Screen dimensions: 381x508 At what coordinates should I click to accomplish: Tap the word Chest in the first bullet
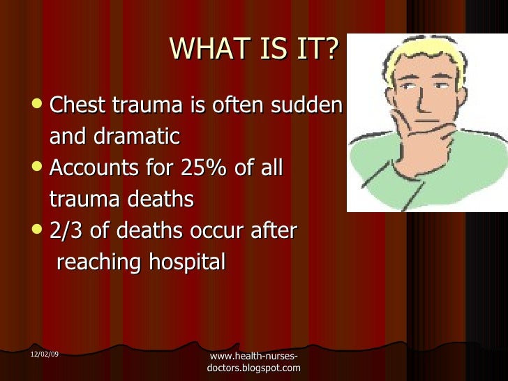tap(76, 105)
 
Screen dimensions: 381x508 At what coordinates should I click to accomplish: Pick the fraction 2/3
tap(66, 231)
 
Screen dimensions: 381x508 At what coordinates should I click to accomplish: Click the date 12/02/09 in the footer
tap(45, 355)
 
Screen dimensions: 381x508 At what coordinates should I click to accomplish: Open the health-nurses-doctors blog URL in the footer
tap(254, 362)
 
